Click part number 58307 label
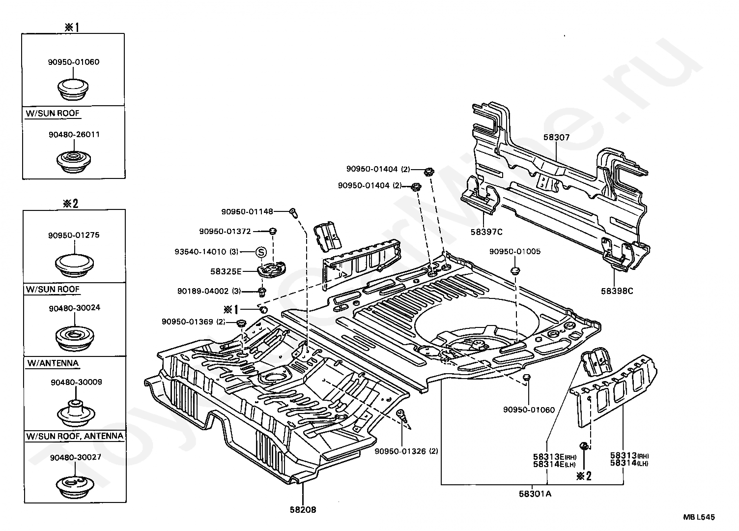click(x=556, y=137)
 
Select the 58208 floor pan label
click(x=303, y=509)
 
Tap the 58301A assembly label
click(x=535, y=494)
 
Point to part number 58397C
click(x=486, y=232)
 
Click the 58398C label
click(x=617, y=291)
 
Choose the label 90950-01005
click(x=515, y=251)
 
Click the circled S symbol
click(x=261, y=252)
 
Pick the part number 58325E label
click(x=226, y=271)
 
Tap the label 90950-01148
click(x=247, y=211)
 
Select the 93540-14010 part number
click(x=200, y=252)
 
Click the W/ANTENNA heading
click(x=53, y=363)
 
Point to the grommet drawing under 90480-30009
click(x=76, y=413)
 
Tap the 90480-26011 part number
click(x=74, y=135)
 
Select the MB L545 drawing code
click(x=699, y=517)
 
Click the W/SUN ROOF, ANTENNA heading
click(x=75, y=436)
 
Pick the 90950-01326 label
click(x=400, y=451)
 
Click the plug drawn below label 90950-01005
click(x=515, y=271)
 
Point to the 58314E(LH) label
click(x=554, y=464)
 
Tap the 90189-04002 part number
click(x=203, y=291)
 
